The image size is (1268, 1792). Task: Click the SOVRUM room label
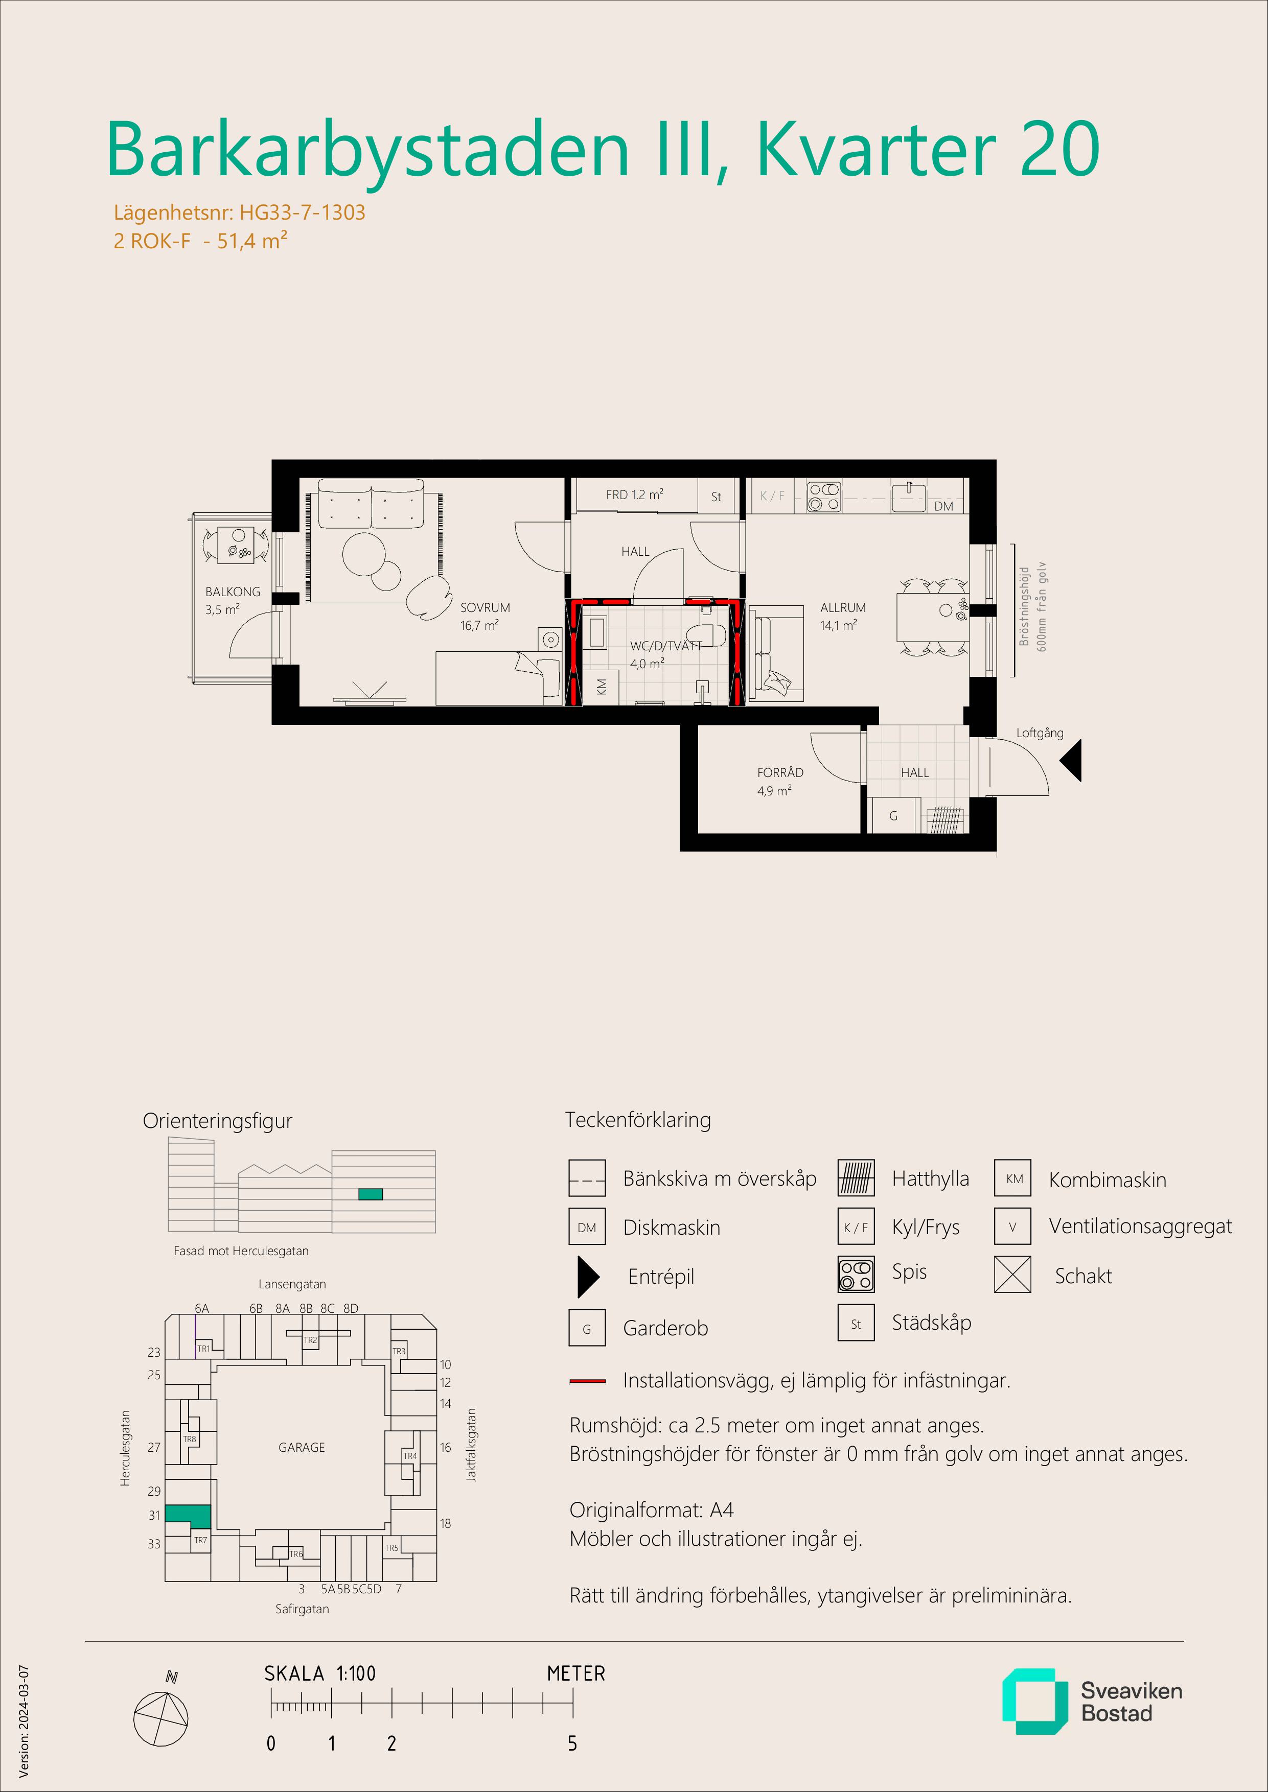tap(485, 607)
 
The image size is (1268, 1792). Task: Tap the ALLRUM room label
tap(842, 607)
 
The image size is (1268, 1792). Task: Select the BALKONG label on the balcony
tap(233, 592)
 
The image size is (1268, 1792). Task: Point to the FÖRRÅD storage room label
tap(780, 772)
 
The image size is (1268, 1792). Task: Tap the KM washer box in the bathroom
tap(601, 687)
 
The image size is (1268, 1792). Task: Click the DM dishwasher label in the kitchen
tap(943, 506)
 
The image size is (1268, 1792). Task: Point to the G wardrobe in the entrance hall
tap(893, 816)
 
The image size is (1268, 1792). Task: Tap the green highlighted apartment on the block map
tap(188, 1516)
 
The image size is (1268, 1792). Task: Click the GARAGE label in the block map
tap(302, 1447)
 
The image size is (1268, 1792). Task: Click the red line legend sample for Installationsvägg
tap(587, 1381)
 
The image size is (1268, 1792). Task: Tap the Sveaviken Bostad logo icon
tap(1034, 1702)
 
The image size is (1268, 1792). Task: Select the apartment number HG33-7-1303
tap(302, 213)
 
